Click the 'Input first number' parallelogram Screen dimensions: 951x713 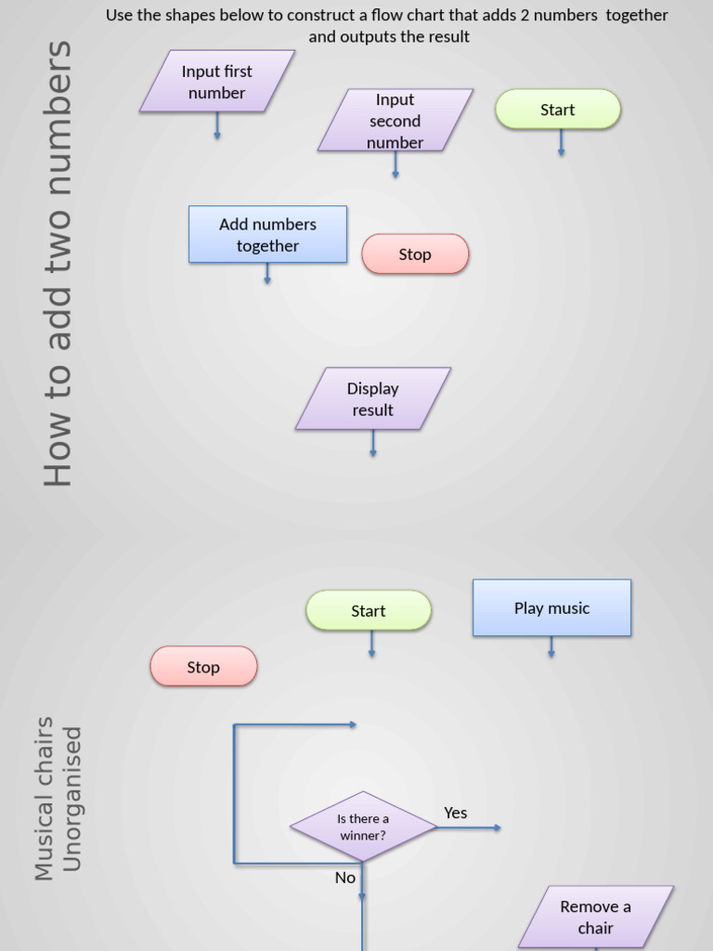tap(217, 82)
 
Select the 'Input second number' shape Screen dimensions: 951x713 tap(395, 120)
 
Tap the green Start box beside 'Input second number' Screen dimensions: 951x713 tap(558, 110)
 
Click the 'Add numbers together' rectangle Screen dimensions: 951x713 tap(267, 235)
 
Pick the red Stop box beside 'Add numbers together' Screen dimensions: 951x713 tap(415, 254)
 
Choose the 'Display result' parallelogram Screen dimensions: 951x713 tap(373, 399)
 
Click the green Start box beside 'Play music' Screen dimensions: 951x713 tap(369, 611)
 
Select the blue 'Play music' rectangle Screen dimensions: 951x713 tap(551, 608)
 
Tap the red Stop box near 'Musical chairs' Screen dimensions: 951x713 tap(203, 667)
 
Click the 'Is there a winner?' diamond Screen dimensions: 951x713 tap(363, 827)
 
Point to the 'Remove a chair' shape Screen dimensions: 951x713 tap(595, 917)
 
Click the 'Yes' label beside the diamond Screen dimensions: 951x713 tap(455, 813)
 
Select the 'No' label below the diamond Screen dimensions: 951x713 tap(345, 878)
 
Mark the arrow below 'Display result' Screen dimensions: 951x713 tap(373, 444)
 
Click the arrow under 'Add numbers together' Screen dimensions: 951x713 tap(267, 273)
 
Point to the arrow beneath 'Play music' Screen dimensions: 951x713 tap(551, 647)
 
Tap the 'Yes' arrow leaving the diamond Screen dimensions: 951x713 tap(470, 827)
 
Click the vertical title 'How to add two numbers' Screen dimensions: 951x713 tap(58, 264)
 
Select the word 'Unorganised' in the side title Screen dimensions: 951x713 tap(72, 799)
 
